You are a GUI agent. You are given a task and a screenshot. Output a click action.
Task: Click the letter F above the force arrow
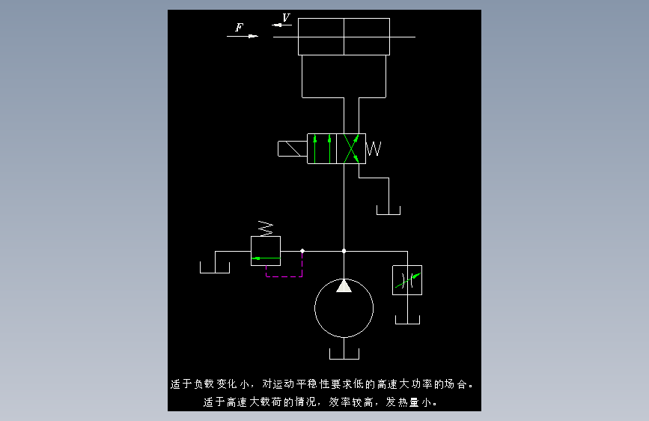[240, 28]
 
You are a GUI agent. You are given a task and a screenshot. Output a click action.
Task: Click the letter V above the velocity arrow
[286, 17]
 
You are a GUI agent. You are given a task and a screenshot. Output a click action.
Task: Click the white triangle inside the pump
[344, 286]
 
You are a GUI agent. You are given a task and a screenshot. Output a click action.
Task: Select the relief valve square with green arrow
[266, 251]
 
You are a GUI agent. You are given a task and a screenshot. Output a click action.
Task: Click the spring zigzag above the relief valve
[266, 228]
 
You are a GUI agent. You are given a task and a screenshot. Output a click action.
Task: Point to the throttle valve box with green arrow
[407, 280]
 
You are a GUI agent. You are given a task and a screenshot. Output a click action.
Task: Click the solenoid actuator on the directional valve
[292, 149]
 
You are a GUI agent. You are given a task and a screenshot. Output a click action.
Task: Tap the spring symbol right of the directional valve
[374, 149]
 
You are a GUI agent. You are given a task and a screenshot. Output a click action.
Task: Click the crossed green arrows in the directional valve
[351, 148]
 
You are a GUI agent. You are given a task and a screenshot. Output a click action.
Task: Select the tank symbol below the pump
[344, 354]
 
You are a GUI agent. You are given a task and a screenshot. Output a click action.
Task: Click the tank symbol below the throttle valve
[408, 320]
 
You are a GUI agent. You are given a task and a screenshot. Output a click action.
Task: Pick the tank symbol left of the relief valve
[215, 267]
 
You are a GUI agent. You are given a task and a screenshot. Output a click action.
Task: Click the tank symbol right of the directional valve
[389, 210]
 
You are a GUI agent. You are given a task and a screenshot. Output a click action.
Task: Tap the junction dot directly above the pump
[344, 251]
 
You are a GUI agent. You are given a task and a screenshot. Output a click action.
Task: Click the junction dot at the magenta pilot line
[302, 251]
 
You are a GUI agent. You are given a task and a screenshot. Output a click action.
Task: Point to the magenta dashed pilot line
[284, 276]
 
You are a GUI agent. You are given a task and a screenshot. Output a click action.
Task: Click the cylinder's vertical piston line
[344, 37]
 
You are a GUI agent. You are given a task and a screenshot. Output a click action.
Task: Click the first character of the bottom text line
[208, 402]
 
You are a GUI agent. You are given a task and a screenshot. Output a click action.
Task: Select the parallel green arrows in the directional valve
[322, 148]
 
